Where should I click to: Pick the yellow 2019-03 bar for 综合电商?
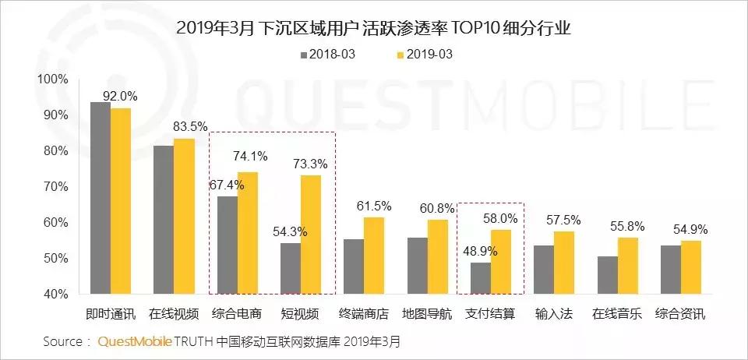(248, 233)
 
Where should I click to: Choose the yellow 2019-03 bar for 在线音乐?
(627, 266)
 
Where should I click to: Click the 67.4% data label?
(228, 185)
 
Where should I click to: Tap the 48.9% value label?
(478, 251)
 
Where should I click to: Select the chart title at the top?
(374, 28)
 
